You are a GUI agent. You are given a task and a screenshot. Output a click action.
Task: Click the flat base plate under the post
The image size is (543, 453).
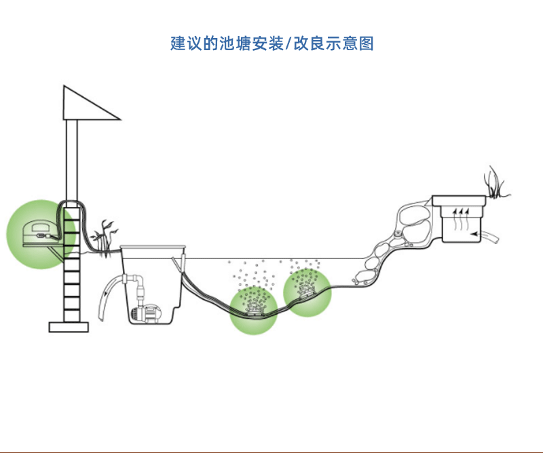69,327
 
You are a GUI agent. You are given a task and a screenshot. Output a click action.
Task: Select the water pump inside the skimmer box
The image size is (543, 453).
147,312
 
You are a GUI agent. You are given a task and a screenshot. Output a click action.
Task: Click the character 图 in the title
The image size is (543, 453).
366,44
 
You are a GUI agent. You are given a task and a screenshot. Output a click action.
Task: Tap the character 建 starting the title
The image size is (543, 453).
178,44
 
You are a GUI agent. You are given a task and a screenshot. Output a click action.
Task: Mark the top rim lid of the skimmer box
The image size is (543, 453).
153,247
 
